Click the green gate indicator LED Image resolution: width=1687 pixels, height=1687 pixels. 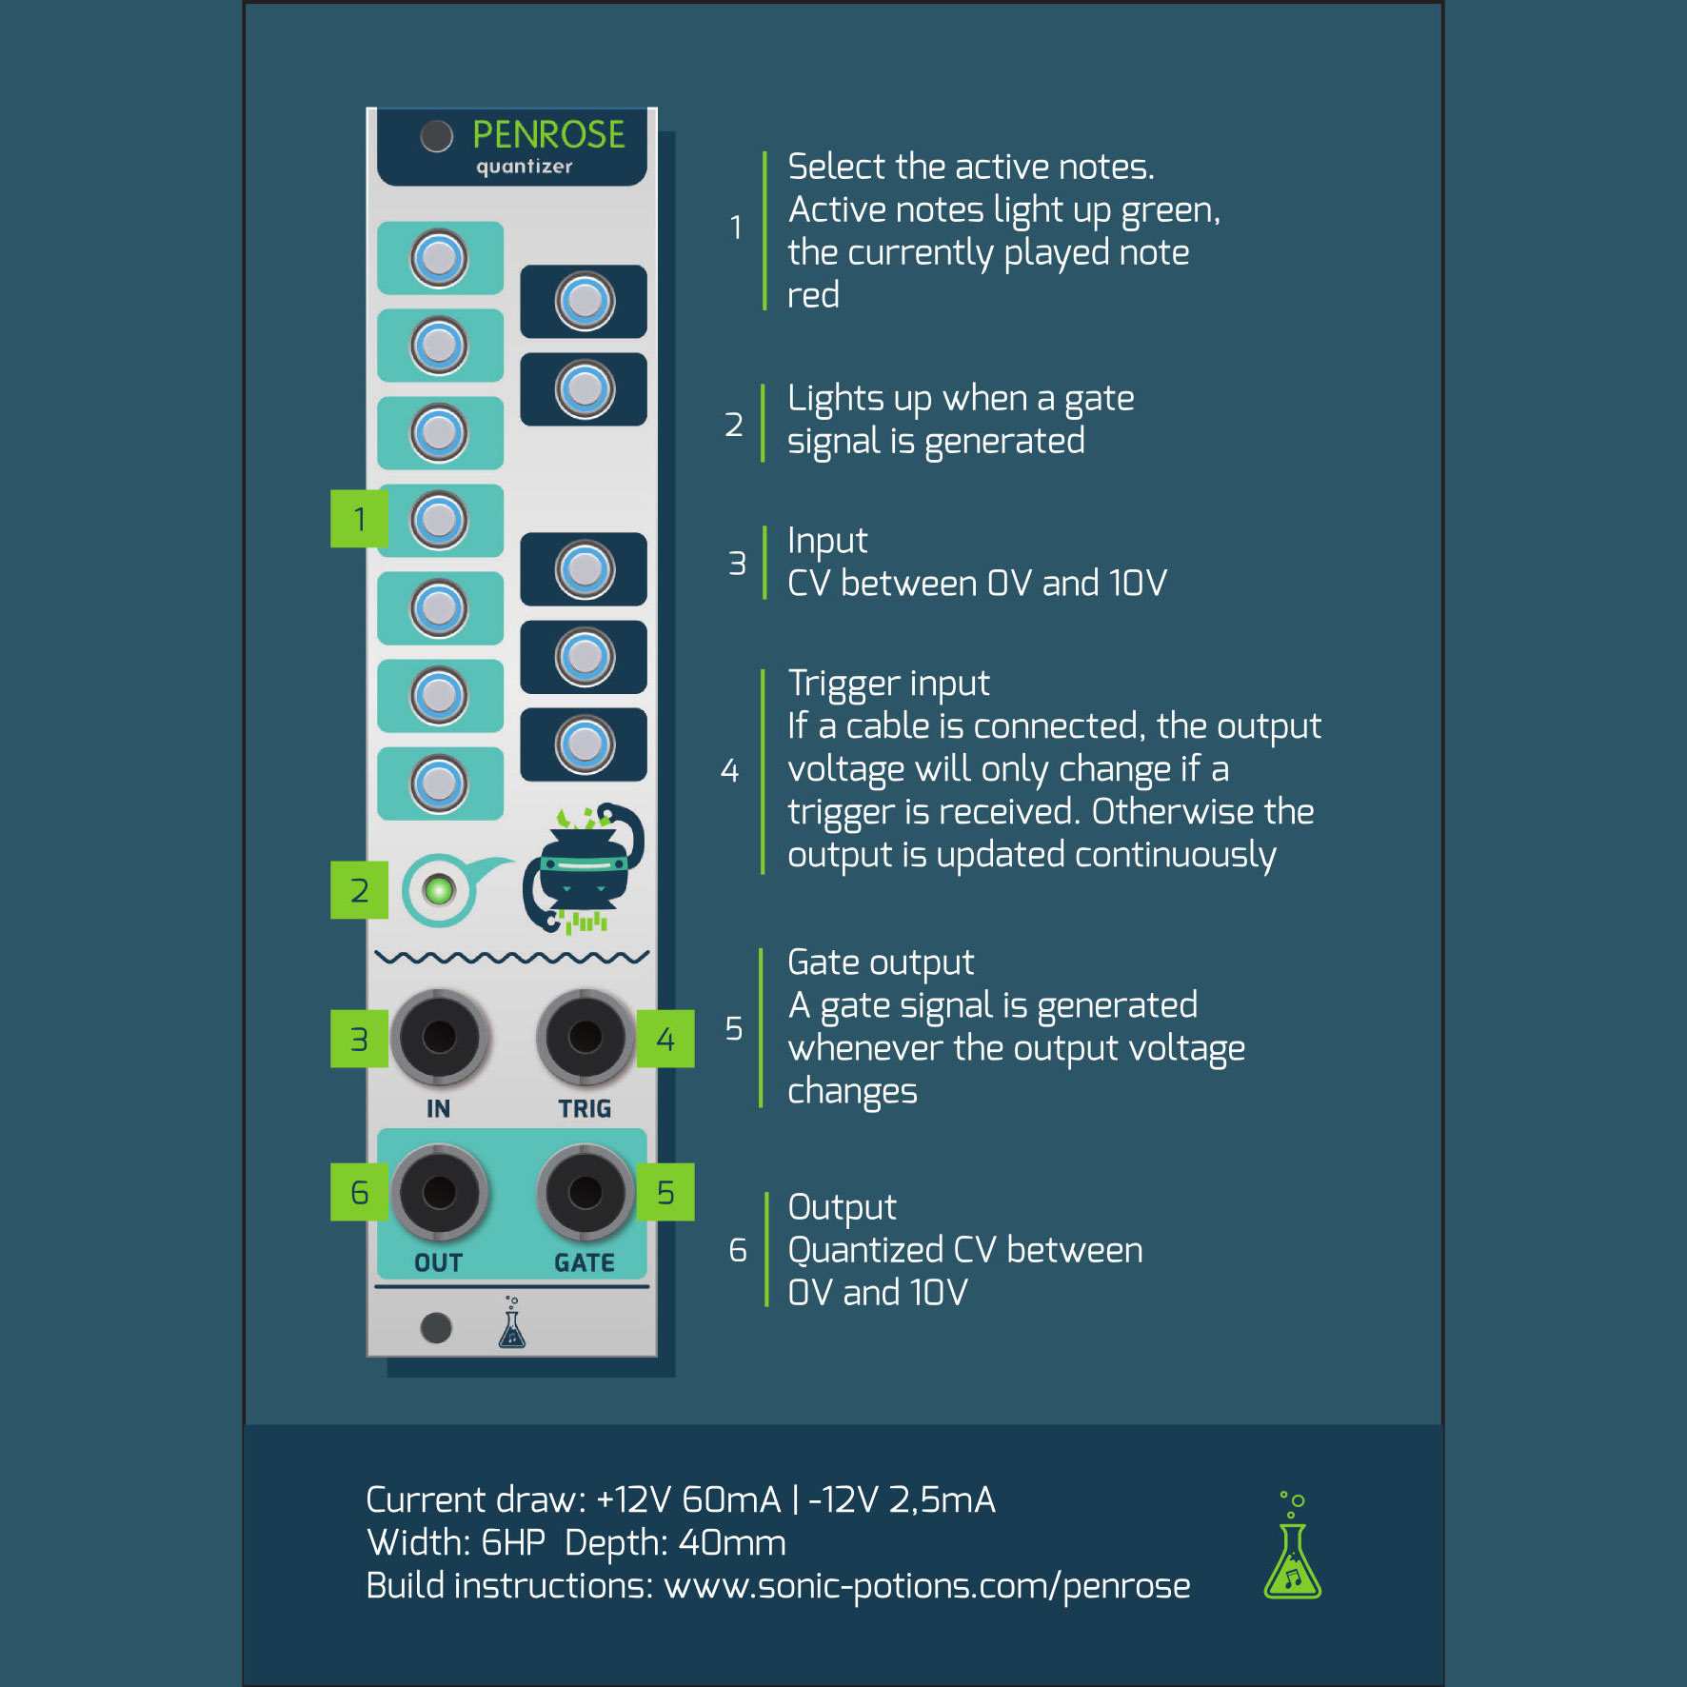[439, 891]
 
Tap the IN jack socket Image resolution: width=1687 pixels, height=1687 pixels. [439, 1037]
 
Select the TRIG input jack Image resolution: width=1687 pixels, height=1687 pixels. [585, 1037]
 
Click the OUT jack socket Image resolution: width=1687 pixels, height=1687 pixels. [439, 1191]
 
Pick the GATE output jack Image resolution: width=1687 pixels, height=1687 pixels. [585, 1191]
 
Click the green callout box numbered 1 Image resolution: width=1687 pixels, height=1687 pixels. [359, 519]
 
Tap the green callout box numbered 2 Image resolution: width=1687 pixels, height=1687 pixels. [359, 890]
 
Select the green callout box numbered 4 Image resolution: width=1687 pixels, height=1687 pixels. [665, 1039]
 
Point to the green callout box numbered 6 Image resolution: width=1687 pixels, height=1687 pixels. [359, 1192]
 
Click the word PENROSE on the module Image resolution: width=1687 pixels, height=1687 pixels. [548, 135]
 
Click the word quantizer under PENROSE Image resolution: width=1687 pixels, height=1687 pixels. [525, 167]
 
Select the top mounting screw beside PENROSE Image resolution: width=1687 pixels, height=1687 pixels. [437, 136]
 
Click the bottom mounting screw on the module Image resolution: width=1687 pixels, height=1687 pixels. [436, 1327]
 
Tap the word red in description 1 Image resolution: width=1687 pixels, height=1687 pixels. [813, 295]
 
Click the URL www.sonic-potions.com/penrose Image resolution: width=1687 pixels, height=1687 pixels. [926, 1586]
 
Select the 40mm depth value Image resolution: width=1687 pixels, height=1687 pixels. [732, 1543]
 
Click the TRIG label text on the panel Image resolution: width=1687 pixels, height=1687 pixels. [585, 1109]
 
